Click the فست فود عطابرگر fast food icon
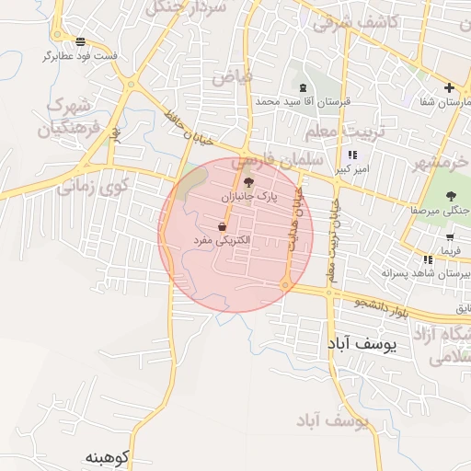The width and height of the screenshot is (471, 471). pos(82,41)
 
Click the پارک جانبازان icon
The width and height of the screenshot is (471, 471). pos(248,182)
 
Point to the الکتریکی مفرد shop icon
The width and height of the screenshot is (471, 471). pos(223,225)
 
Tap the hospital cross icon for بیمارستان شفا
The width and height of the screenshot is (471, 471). pos(449,88)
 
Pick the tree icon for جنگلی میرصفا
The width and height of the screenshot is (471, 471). pos(451,195)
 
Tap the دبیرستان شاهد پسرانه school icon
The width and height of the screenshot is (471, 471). pos(428,259)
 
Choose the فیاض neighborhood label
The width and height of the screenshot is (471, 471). pos(231,77)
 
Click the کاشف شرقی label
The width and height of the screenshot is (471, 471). pos(355,21)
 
